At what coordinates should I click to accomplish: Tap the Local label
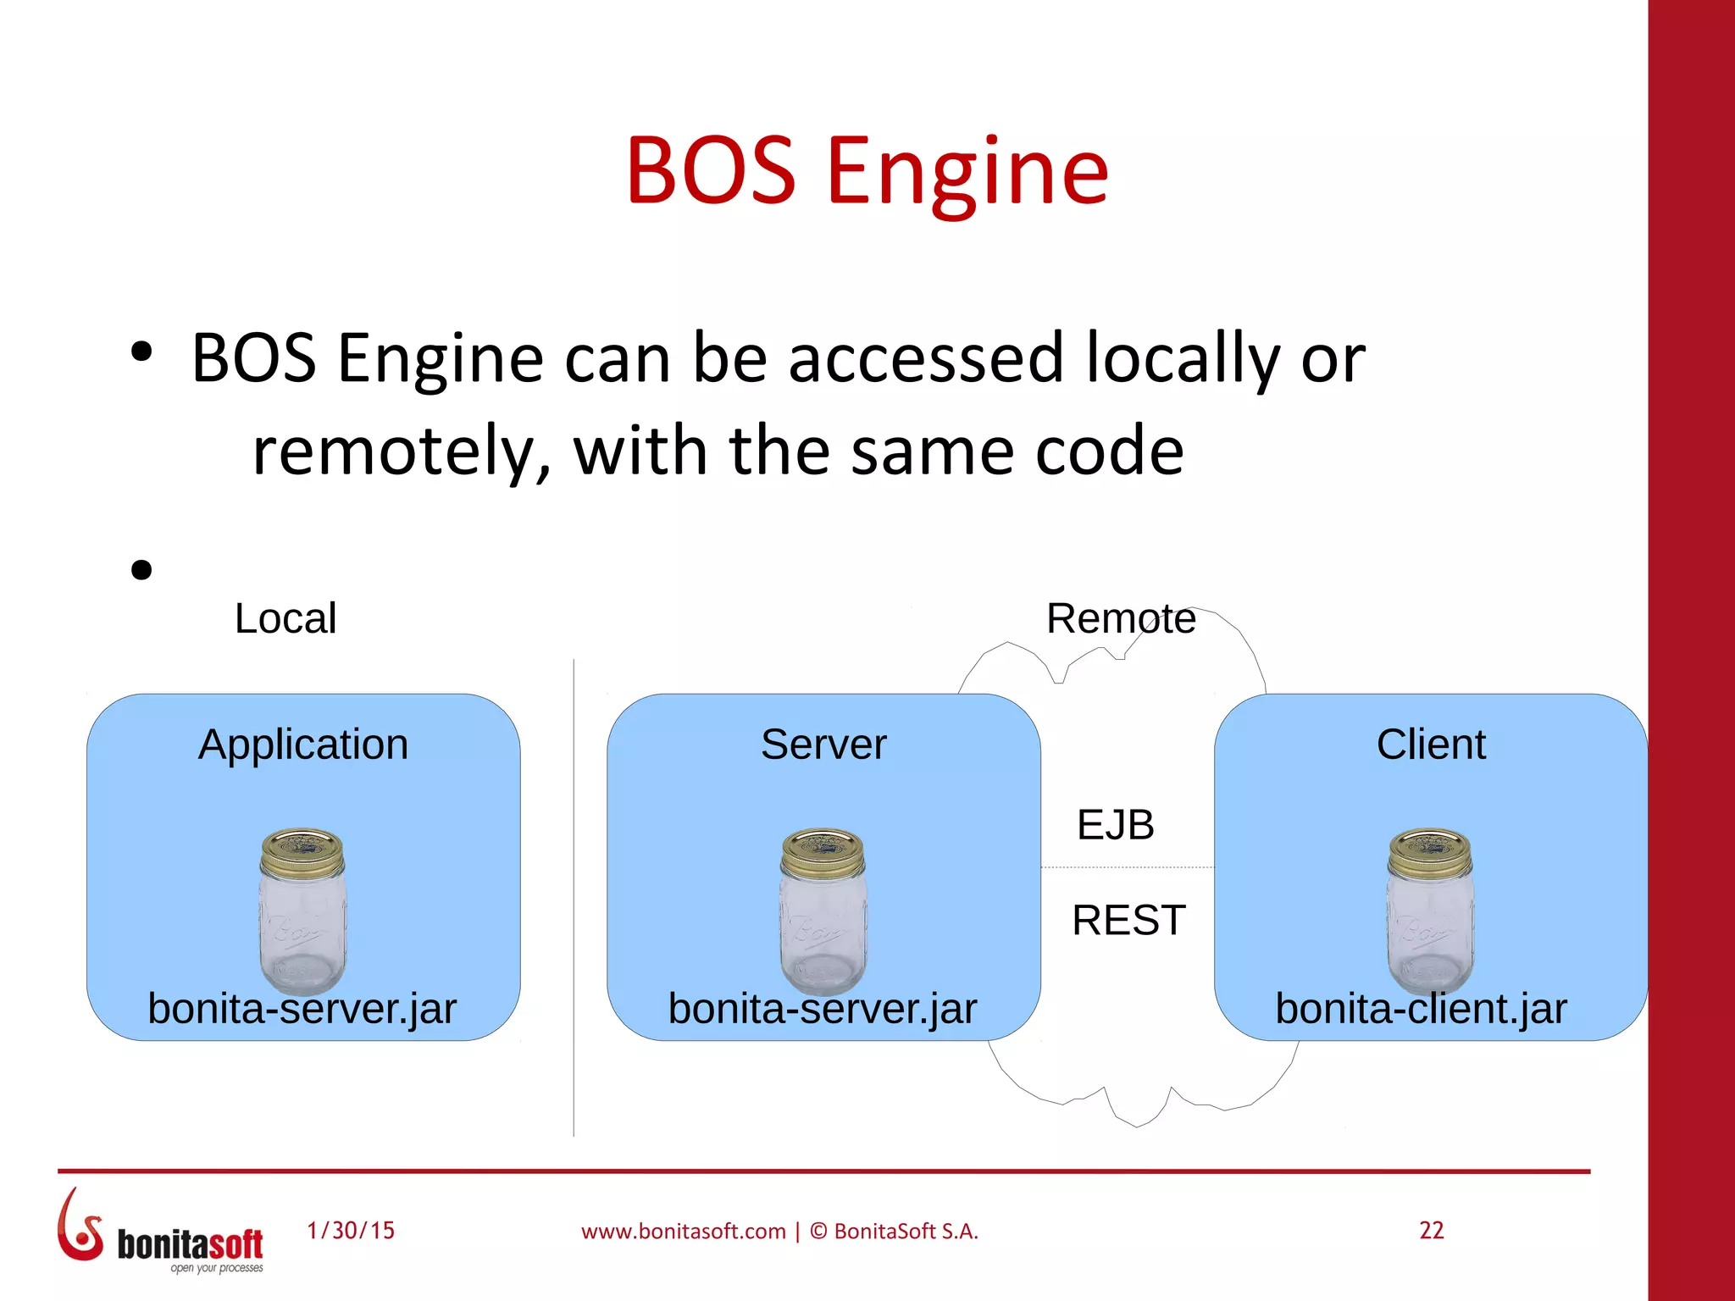point(285,618)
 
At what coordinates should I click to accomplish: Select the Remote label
point(1120,618)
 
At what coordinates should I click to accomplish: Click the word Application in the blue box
point(303,745)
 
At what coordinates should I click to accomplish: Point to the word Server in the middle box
point(823,745)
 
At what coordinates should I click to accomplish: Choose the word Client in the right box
point(1431,745)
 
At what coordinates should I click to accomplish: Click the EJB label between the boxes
point(1115,825)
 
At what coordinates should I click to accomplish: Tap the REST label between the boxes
point(1128,920)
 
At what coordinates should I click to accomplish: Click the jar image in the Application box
point(302,911)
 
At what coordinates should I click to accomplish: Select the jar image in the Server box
point(823,911)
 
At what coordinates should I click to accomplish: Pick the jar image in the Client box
point(1430,911)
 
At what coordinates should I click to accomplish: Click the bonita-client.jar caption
point(1421,1009)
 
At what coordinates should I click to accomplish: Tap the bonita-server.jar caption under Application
point(302,1009)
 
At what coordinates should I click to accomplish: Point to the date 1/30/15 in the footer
point(351,1230)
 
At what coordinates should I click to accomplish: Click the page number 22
point(1431,1230)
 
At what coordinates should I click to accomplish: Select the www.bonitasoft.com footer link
point(683,1232)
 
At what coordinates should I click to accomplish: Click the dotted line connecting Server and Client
point(1127,867)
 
